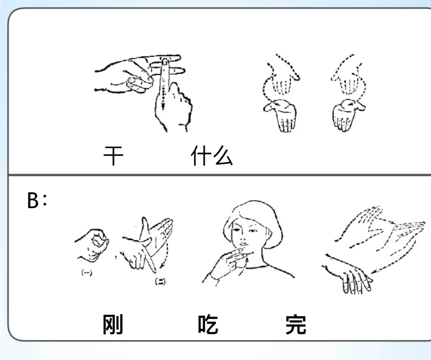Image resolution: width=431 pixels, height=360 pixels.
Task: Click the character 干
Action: point(113,156)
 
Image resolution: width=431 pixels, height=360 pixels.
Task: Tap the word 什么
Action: point(212,156)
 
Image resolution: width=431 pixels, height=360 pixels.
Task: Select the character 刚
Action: point(113,324)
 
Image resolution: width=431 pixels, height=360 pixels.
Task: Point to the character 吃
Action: point(208,324)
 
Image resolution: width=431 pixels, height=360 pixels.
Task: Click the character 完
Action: point(296,324)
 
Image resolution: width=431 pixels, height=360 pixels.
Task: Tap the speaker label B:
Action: point(37,200)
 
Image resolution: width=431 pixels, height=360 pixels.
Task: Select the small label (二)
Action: point(160,281)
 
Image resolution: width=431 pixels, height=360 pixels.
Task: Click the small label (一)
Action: point(87,273)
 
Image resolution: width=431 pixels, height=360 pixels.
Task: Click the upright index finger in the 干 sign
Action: point(164,83)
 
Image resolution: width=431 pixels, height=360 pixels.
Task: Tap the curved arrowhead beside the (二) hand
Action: point(163,266)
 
